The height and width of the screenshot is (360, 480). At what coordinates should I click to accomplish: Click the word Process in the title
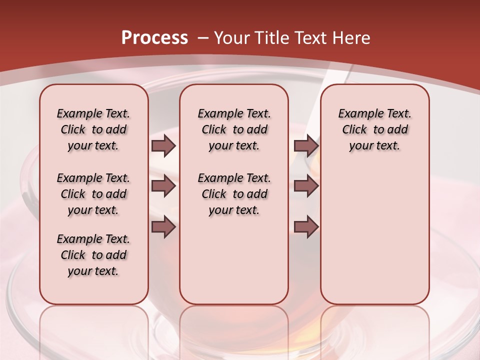tap(154, 37)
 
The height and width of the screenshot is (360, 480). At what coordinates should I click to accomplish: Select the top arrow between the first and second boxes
tap(163, 145)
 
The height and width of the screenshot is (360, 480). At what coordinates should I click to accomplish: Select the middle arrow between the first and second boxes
tap(163, 186)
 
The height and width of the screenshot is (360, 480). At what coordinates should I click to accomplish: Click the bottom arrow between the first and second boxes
tap(163, 226)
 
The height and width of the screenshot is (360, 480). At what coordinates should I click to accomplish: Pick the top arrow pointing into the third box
tap(306, 145)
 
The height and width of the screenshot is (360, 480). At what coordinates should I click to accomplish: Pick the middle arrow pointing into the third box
tap(306, 186)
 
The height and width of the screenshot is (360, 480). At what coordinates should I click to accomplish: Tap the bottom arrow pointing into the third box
tap(306, 226)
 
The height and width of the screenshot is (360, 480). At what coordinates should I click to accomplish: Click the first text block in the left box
tap(93, 129)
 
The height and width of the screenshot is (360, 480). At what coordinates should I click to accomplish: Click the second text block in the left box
tap(93, 194)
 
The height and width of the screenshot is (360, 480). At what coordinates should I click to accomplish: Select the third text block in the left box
tap(93, 255)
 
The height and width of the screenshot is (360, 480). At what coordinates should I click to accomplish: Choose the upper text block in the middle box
tap(234, 129)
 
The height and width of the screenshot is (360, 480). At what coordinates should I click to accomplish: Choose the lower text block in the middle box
tap(234, 194)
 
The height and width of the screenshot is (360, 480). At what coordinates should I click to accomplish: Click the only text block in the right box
tap(374, 129)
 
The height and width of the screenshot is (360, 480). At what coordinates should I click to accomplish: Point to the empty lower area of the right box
tap(374, 235)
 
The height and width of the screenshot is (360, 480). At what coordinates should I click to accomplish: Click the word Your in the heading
tap(232, 38)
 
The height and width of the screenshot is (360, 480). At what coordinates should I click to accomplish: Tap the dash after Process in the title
tap(202, 38)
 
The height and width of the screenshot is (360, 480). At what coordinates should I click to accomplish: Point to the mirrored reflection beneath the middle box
tap(234, 330)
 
